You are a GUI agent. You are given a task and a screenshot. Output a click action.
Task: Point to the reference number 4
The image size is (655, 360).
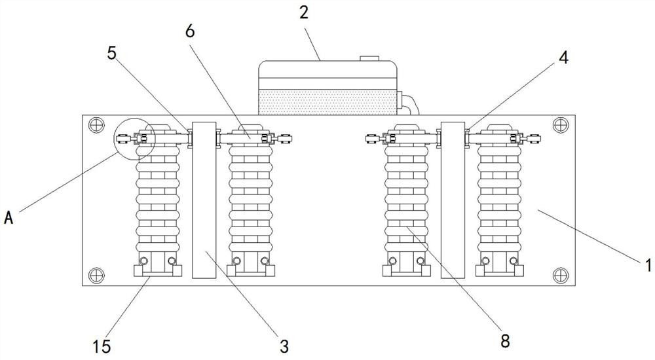pyautogui.click(x=563, y=57)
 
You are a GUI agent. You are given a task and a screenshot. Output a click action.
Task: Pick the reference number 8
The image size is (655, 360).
pyautogui.click(x=504, y=340)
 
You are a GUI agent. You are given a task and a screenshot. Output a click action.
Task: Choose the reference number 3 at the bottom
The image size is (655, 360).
pyautogui.click(x=284, y=344)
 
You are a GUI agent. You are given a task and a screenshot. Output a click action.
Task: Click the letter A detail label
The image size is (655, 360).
pyautogui.click(x=9, y=219)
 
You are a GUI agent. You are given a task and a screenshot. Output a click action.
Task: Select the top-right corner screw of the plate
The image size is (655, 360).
pyautogui.click(x=559, y=123)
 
